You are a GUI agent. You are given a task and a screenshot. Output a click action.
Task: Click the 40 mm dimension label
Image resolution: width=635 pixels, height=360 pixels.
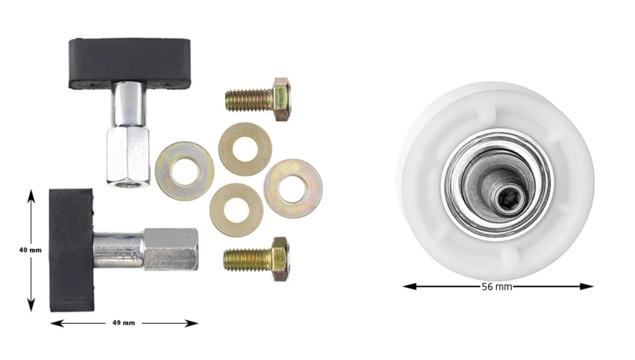[31, 250]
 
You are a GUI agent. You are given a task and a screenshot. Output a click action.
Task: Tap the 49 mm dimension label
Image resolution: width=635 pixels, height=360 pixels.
[123, 323]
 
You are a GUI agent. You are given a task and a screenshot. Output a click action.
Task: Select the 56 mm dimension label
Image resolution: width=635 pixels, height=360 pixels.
[497, 286]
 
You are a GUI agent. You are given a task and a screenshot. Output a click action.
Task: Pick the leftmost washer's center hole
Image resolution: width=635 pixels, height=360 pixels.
[185, 171]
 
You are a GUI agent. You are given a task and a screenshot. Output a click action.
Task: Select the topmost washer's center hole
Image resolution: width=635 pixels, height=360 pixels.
[245, 149]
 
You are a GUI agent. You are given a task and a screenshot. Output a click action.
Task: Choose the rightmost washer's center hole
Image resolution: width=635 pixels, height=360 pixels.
[293, 189]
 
